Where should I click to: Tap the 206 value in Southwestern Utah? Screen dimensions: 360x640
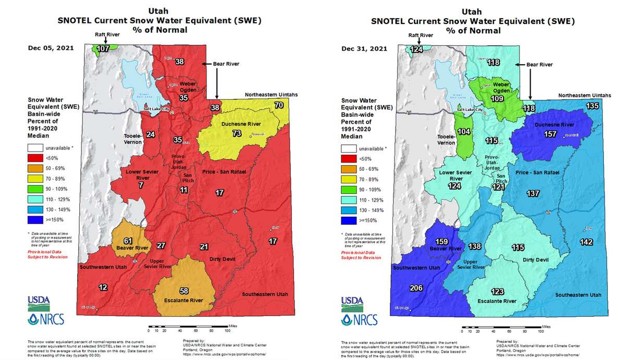[416, 287]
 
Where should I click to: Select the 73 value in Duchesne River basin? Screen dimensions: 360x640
[237, 134]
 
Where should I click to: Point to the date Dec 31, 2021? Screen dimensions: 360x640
[364, 49]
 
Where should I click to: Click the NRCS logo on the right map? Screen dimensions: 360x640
[354, 319]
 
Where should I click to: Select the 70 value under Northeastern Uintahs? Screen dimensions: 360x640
[279, 105]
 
